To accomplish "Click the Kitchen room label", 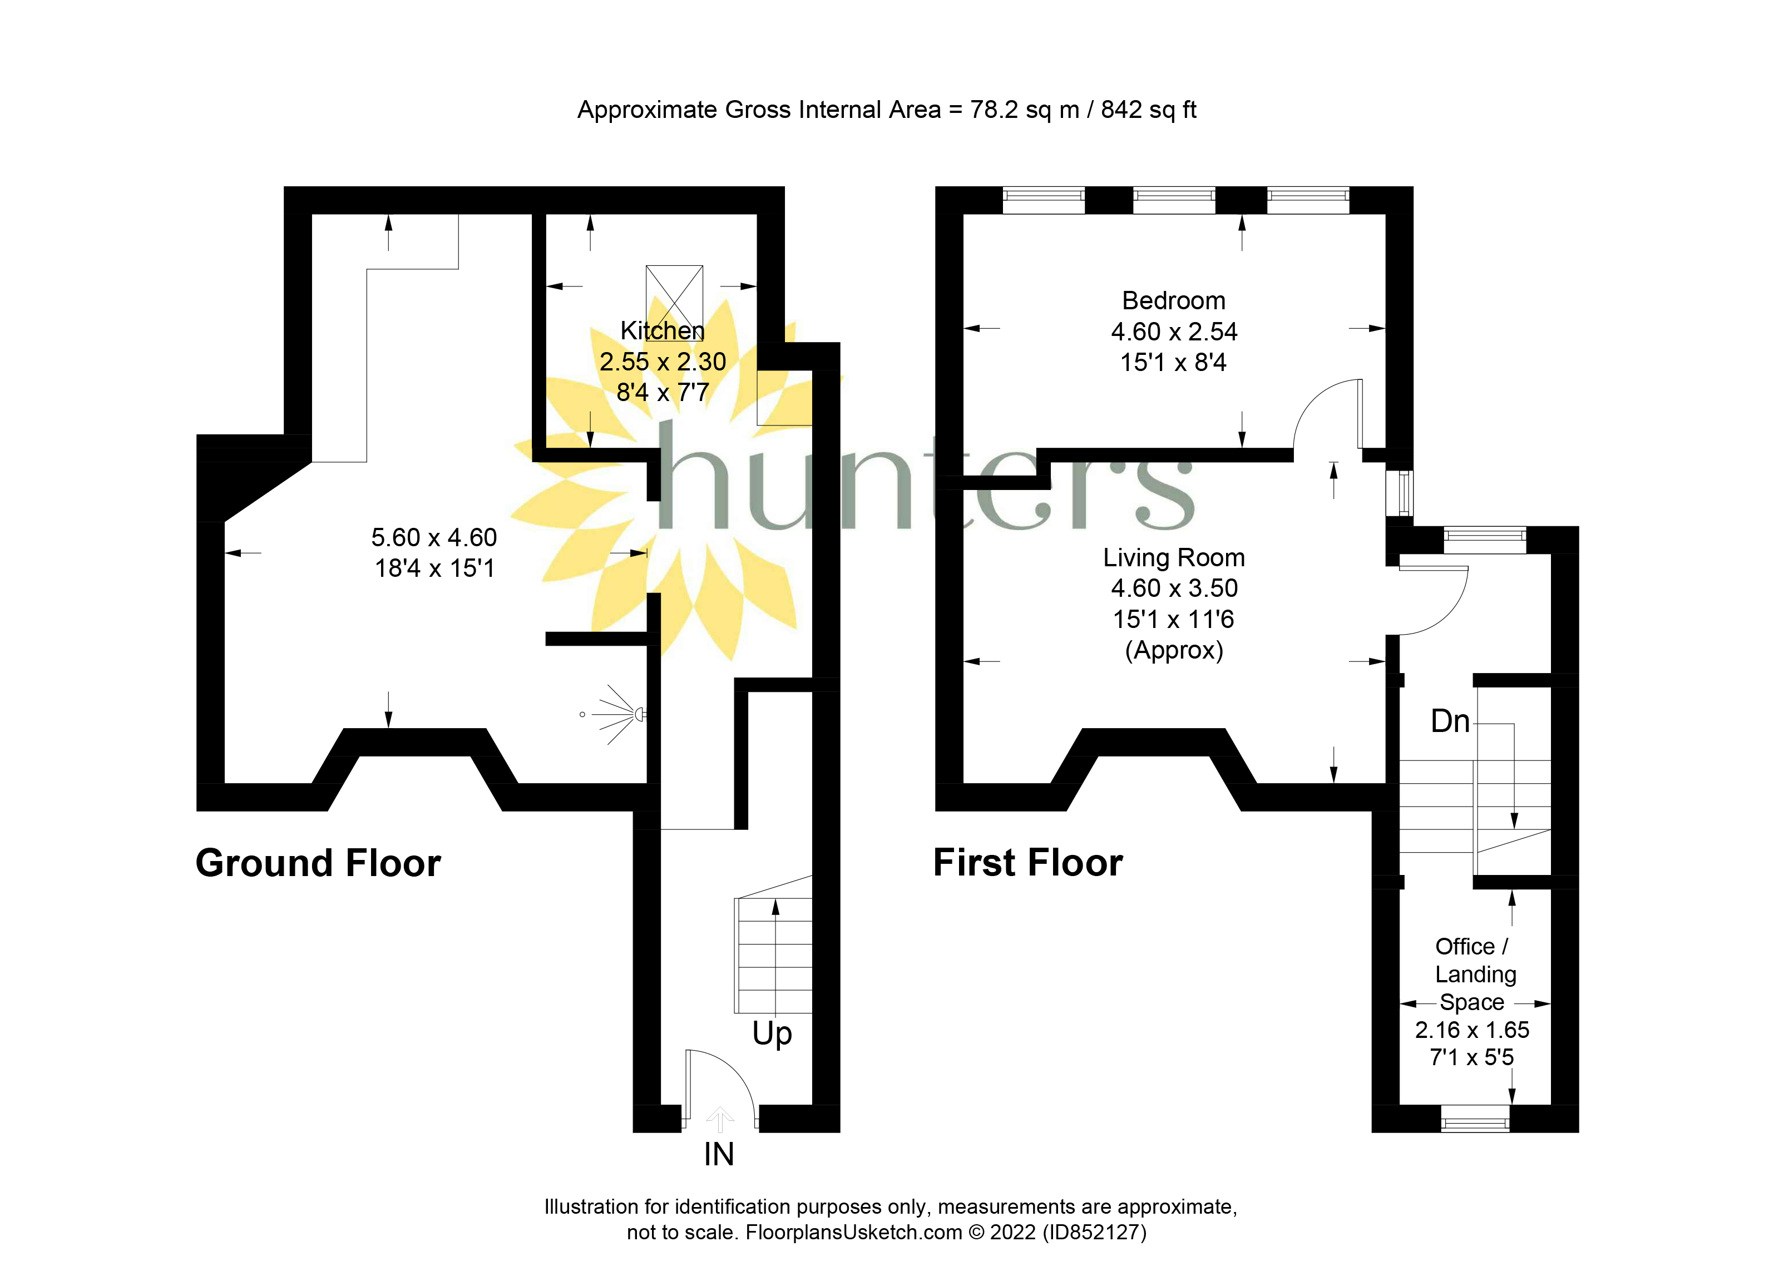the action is click(663, 331).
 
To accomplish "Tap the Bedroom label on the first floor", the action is click(1173, 301).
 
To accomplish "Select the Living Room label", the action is click(1173, 557).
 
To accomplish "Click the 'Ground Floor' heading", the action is click(318, 863).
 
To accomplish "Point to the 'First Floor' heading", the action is click(1028, 863).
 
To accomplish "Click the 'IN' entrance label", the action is click(719, 1154).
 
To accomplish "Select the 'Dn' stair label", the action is click(1449, 721).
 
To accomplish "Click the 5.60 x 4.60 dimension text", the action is click(434, 537).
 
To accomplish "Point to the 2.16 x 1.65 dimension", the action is click(1471, 1030).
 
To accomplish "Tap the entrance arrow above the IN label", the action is click(720, 1119).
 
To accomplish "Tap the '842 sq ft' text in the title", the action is click(1148, 110).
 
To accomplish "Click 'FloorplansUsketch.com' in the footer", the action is click(854, 1233).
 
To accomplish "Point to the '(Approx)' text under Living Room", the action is click(1173, 651).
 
